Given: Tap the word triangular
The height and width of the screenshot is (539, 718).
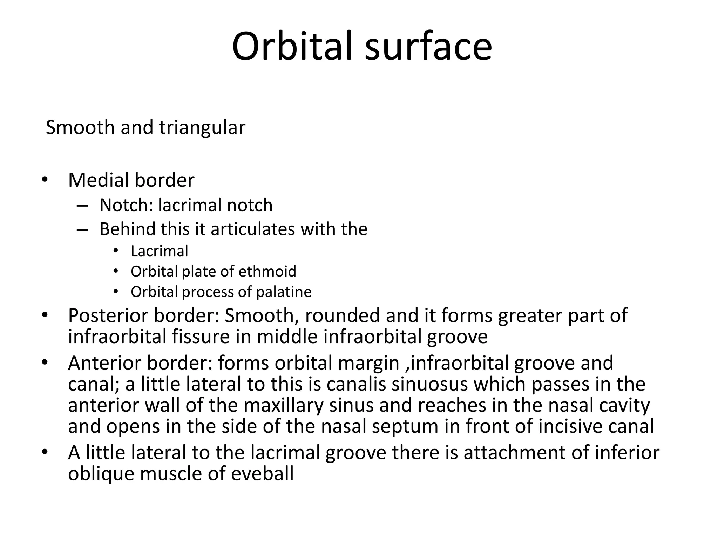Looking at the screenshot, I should [202, 128].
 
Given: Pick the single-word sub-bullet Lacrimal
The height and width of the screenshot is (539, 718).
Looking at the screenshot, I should [160, 251].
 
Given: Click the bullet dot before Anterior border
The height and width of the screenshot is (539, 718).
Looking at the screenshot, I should [44, 362].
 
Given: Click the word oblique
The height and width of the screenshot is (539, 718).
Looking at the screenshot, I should [101, 474].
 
